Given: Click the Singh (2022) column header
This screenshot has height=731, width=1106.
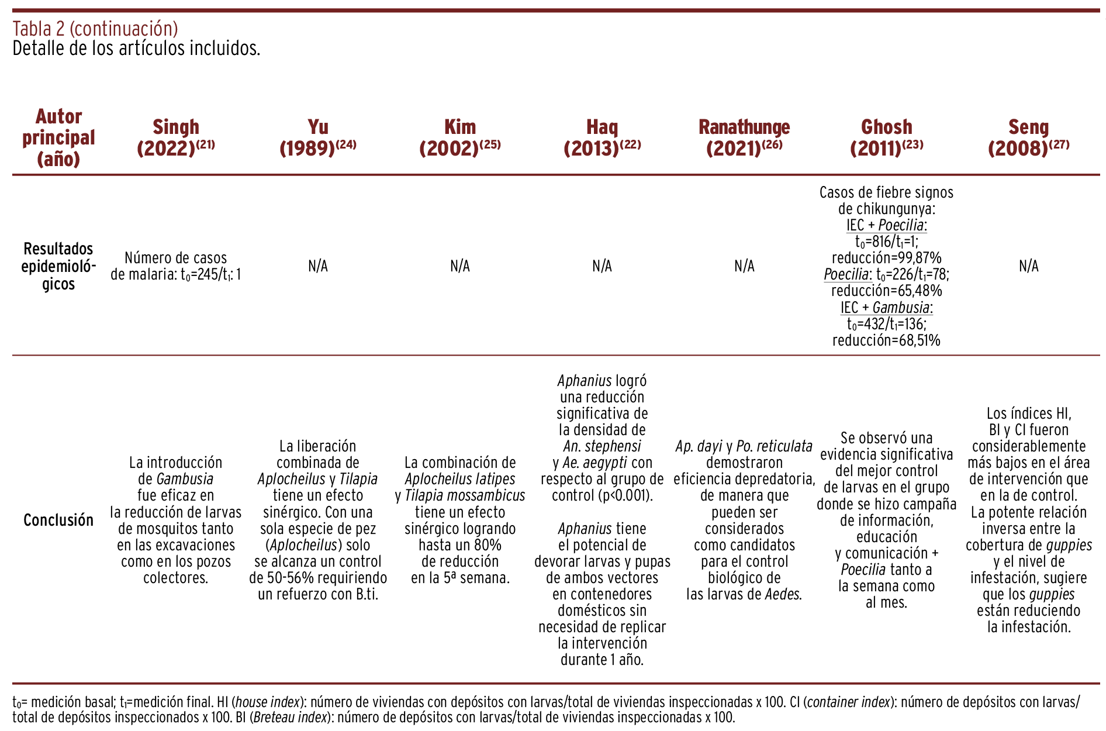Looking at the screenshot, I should click(175, 137).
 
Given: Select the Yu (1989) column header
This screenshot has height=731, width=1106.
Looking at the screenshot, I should click(317, 137).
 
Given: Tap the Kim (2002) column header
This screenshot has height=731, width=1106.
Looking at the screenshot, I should click(459, 137).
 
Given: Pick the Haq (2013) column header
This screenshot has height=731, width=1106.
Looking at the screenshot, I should click(602, 137).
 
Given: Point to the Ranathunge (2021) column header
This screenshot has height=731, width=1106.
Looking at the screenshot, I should click(744, 137).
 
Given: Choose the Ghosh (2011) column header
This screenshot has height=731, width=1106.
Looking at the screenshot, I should click(886, 137).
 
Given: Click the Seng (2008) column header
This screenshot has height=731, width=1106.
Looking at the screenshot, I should click(1028, 137).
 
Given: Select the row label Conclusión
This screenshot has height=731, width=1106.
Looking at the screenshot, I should click(58, 520).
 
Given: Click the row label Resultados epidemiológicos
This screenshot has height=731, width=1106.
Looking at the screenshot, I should click(58, 266).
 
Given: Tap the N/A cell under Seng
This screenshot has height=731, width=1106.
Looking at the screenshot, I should click(1028, 266).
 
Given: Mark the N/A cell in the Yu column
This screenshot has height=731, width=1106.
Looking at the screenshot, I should click(317, 266).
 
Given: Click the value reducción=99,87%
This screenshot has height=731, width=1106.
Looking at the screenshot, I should click(886, 258).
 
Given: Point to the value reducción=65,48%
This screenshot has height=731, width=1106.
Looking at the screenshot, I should click(886, 291).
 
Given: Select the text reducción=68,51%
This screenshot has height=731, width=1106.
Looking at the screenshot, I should click(886, 340).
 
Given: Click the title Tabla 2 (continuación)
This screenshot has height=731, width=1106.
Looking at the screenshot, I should click(95, 28).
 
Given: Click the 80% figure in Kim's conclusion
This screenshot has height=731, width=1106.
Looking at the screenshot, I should click(489, 545).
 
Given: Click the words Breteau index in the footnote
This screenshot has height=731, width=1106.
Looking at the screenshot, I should click(290, 717).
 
